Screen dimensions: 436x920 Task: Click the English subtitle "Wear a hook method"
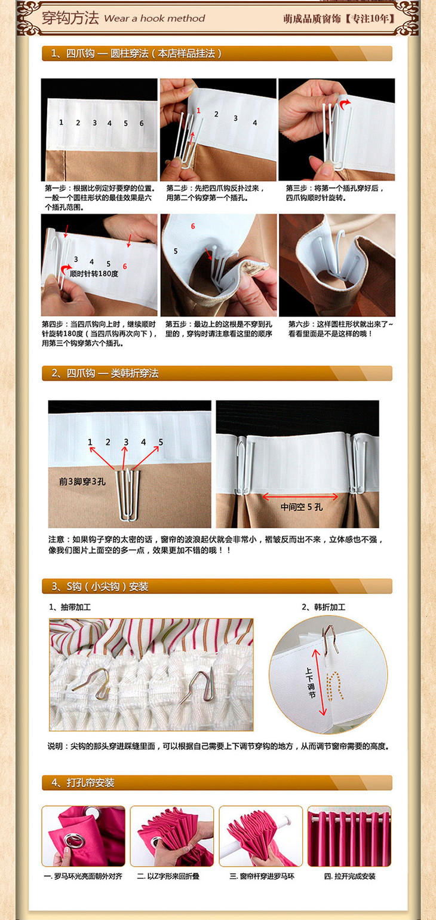(154, 19)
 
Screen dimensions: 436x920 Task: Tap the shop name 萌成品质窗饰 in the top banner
(312, 19)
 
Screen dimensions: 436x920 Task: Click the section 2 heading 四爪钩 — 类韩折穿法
(112, 373)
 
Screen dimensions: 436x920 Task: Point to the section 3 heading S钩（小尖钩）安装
(107, 586)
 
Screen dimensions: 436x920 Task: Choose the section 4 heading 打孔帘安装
(90, 783)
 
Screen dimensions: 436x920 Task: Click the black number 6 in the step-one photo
(142, 123)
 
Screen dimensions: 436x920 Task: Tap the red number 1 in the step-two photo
(198, 111)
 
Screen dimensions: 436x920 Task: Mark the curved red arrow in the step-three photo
(344, 103)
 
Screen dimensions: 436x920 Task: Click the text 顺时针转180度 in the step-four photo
(94, 273)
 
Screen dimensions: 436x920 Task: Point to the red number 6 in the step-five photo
(193, 226)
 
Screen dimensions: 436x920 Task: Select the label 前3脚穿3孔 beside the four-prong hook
(82, 482)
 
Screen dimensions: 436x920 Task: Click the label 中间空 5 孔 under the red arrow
(302, 507)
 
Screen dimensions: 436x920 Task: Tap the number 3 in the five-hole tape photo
(126, 442)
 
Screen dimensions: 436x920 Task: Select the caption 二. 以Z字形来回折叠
(168, 876)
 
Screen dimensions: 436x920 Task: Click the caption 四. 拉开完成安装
(349, 876)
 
